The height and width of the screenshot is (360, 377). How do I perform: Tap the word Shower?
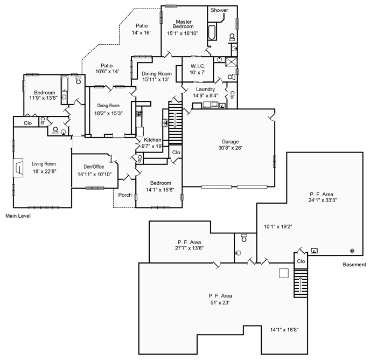(x=219, y=10)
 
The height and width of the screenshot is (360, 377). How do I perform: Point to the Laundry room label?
(x=205, y=89)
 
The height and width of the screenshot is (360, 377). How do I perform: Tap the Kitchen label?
(x=152, y=140)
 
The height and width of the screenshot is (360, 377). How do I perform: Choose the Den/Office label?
(x=90, y=167)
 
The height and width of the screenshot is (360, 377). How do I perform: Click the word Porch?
(x=125, y=195)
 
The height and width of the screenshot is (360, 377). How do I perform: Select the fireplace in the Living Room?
(x=19, y=167)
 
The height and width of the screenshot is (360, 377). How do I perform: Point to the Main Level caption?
(x=18, y=216)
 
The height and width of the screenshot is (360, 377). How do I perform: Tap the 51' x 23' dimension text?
(x=220, y=303)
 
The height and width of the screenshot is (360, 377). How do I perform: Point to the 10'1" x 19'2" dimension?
(x=278, y=227)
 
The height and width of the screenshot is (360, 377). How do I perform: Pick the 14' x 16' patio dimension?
(x=142, y=33)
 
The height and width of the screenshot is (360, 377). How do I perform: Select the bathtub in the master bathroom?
(x=212, y=33)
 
